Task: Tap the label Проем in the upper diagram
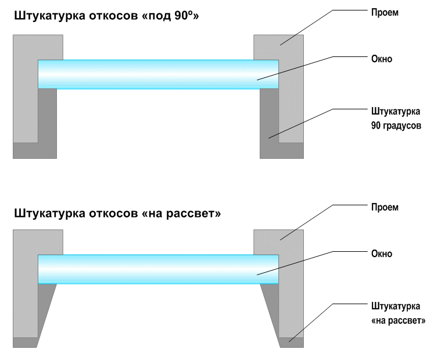385,13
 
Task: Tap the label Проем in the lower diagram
385,208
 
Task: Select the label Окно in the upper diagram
382,59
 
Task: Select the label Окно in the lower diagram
382,254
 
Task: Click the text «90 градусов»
396,126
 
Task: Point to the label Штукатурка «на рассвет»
398,313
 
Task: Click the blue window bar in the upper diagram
159,74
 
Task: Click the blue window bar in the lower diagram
159,269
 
